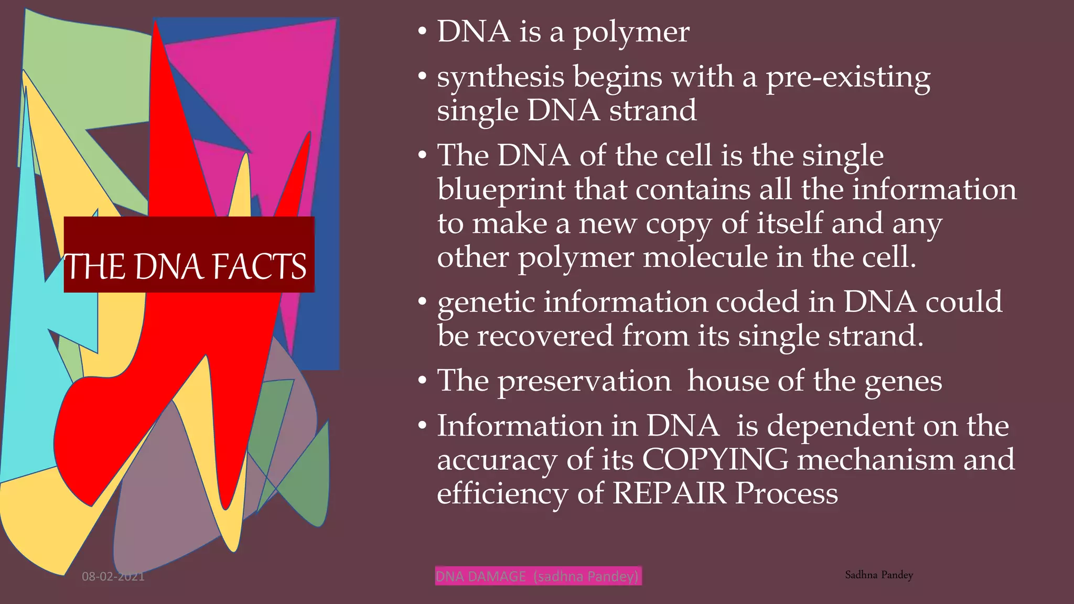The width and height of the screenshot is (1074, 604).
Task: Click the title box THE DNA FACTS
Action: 189,255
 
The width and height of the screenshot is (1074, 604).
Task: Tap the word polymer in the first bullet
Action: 631,33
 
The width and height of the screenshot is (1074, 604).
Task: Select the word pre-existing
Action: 848,78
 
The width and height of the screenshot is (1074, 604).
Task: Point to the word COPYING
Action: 715,460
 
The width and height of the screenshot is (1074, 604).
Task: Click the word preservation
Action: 584,381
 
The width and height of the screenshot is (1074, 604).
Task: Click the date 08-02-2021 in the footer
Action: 113,577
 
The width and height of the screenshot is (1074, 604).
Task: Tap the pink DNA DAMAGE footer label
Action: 538,576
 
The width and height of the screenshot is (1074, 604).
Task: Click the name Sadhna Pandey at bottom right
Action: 879,575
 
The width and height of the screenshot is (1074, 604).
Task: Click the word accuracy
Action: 497,461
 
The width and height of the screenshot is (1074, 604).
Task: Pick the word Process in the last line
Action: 786,493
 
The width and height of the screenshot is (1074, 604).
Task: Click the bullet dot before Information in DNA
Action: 423,426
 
